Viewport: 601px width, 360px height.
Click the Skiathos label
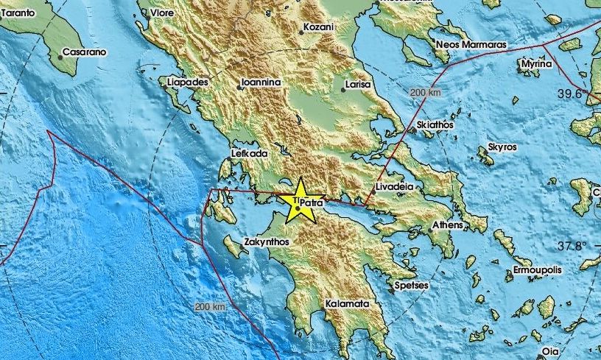435,126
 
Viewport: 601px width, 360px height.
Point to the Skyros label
502,148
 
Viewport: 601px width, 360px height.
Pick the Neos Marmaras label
471,45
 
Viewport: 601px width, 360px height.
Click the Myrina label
535,65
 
